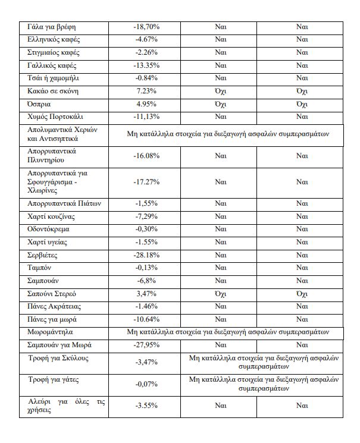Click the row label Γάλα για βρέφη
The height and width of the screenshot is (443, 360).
point(52,27)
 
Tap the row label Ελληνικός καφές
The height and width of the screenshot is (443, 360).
point(54,40)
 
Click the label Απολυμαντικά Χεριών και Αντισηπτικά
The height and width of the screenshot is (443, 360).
point(65,134)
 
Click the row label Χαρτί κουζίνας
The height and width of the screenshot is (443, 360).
point(53,216)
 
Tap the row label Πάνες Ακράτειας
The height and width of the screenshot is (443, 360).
point(55,306)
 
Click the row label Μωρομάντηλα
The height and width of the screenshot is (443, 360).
point(51,331)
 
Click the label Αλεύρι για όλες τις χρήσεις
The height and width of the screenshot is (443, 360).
point(67,407)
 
